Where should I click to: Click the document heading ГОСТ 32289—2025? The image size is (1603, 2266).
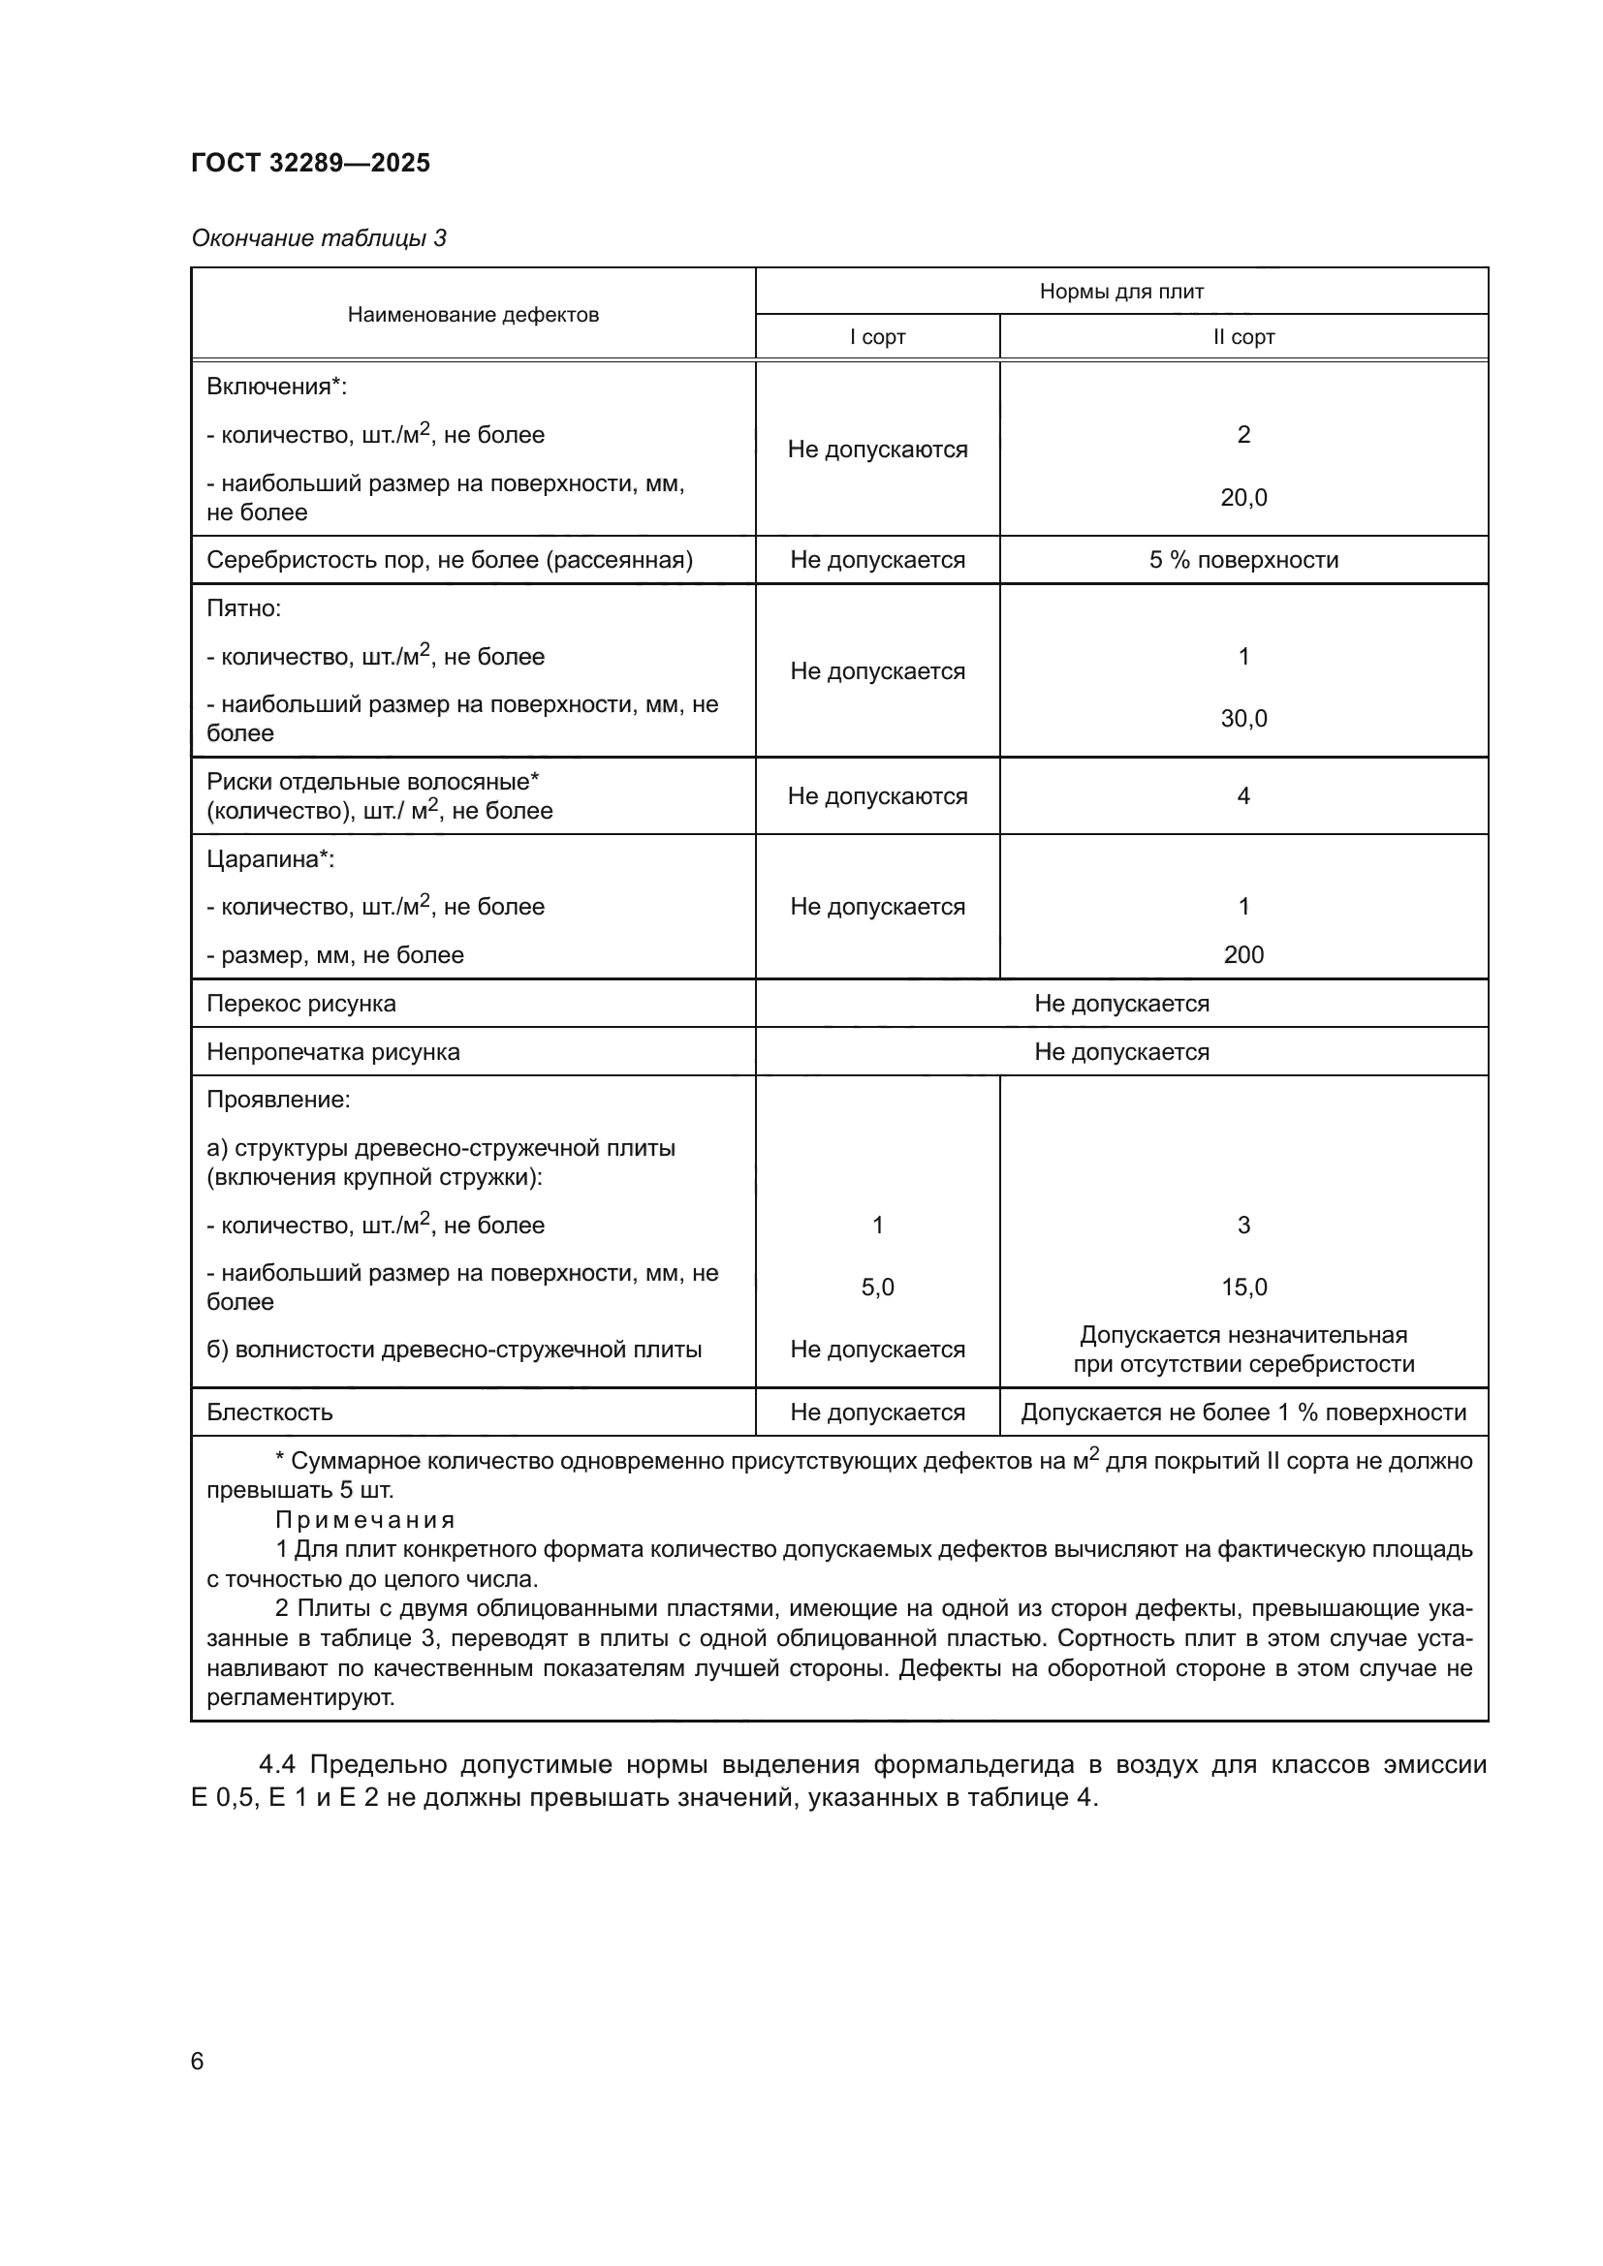(311, 163)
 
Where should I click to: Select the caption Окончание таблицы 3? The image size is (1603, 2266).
(319, 238)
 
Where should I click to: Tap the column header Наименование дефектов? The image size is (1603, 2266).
(473, 315)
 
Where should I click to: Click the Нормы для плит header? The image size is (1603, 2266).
(1121, 292)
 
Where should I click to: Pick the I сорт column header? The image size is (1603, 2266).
(877, 337)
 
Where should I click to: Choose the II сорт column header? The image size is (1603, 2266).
(1243, 337)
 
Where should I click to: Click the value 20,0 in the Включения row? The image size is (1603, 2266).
(1243, 497)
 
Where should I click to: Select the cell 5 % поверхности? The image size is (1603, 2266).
(1243, 561)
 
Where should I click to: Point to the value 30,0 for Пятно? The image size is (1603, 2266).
(1243, 719)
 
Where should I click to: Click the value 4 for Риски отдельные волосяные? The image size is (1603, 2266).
(1243, 796)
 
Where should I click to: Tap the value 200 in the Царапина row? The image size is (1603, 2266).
(1243, 954)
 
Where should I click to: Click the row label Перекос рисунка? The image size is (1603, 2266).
(301, 1004)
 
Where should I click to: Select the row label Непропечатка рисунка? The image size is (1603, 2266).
(332, 1052)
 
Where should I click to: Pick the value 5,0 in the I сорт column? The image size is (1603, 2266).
(877, 1287)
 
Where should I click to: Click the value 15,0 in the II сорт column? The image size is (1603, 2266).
(1243, 1287)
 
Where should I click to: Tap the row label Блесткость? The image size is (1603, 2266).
(269, 1412)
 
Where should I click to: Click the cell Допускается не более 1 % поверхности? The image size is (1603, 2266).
(1243, 1412)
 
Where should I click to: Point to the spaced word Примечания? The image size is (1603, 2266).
(365, 1520)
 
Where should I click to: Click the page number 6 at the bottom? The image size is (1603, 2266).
(198, 2062)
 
